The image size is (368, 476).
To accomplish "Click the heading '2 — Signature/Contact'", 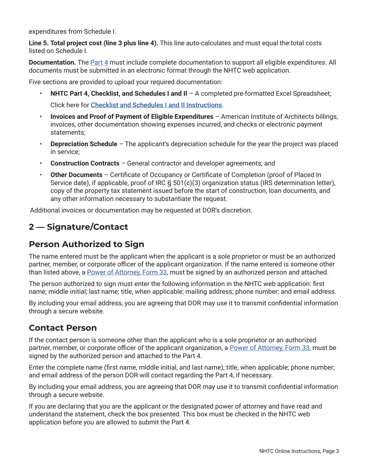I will tap(78, 227).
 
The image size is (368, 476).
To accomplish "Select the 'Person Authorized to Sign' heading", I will tap(86, 244).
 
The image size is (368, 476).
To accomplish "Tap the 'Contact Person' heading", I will tap(63, 327).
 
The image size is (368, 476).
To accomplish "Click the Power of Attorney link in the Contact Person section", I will tap(270, 347).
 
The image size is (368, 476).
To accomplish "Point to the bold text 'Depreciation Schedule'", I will tap(84, 144).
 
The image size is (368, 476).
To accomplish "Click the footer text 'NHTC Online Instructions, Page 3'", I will tap(299, 451).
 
